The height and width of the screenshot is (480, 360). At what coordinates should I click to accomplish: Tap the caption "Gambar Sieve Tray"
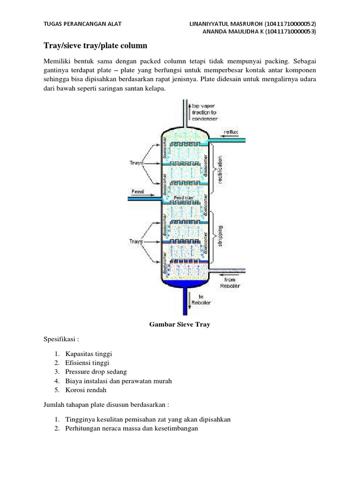click(180, 323)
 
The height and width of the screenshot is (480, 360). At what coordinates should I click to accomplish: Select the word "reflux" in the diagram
click(231, 132)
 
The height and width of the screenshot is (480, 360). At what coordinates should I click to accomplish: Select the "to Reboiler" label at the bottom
click(204, 299)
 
